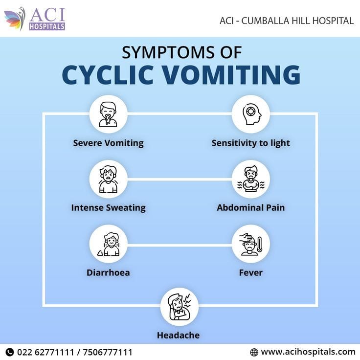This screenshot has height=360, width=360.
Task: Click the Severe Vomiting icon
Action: pyautogui.click(x=108, y=114)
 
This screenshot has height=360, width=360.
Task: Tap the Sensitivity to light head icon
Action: pyautogui.click(x=251, y=114)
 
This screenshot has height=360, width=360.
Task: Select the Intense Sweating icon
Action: pyautogui.click(x=108, y=180)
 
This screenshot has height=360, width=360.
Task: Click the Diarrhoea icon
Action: pyautogui.click(x=109, y=244)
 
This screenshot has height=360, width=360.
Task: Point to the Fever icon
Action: pyautogui.click(x=251, y=244)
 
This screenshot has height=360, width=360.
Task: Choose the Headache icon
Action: pyautogui.click(x=180, y=307)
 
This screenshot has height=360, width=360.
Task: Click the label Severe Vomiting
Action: pyautogui.click(x=109, y=143)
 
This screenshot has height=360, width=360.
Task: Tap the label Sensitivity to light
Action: pyautogui.click(x=251, y=143)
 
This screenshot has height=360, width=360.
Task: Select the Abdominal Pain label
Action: pyautogui.click(x=251, y=207)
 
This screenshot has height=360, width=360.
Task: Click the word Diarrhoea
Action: pyautogui.click(x=108, y=272)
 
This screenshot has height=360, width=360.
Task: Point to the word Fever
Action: pyautogui.click(x=251, y=272)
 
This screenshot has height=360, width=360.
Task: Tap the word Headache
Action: pyautogui.click(x=178, y=335)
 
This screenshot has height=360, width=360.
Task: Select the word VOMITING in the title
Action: pyautogui.click(x=231, y=75)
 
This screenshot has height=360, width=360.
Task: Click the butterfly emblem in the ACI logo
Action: pyautogui.click(x=15, y=19)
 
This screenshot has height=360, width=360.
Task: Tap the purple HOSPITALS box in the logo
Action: pyautogui.click(x=47, y=26)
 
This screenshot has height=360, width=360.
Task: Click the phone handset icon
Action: pyautogui.click(x=10, y=352)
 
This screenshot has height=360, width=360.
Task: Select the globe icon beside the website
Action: pyautogui.click(x=254, y=352)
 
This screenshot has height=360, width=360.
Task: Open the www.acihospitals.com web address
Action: pyautogui.click(x=308, y=352)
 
